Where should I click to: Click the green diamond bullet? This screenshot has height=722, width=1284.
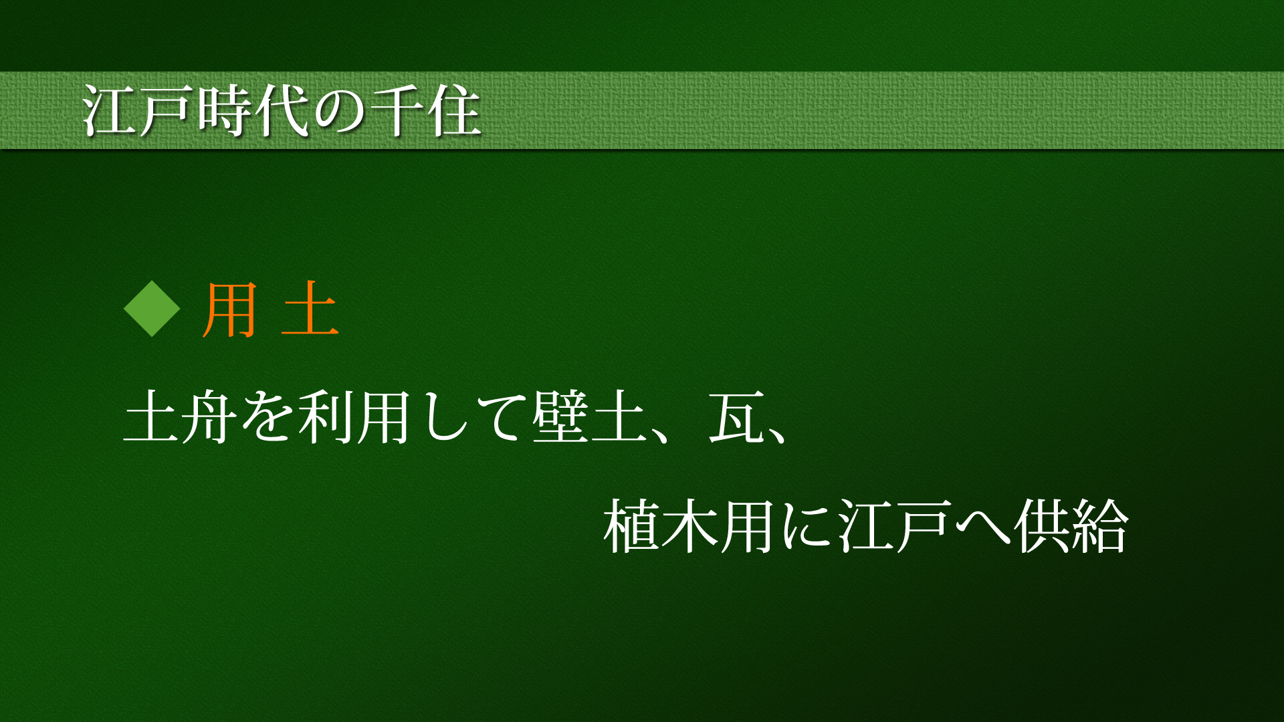point(152,308)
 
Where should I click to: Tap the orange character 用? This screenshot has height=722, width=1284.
point(229,309)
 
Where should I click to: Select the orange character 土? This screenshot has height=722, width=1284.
point(310,309)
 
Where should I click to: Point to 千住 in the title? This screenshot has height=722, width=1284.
point(425,110)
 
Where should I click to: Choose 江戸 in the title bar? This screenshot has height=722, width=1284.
point(139,110)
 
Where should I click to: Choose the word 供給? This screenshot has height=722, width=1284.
point(1071,525)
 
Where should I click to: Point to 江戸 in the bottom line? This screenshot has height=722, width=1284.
point(895,525)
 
